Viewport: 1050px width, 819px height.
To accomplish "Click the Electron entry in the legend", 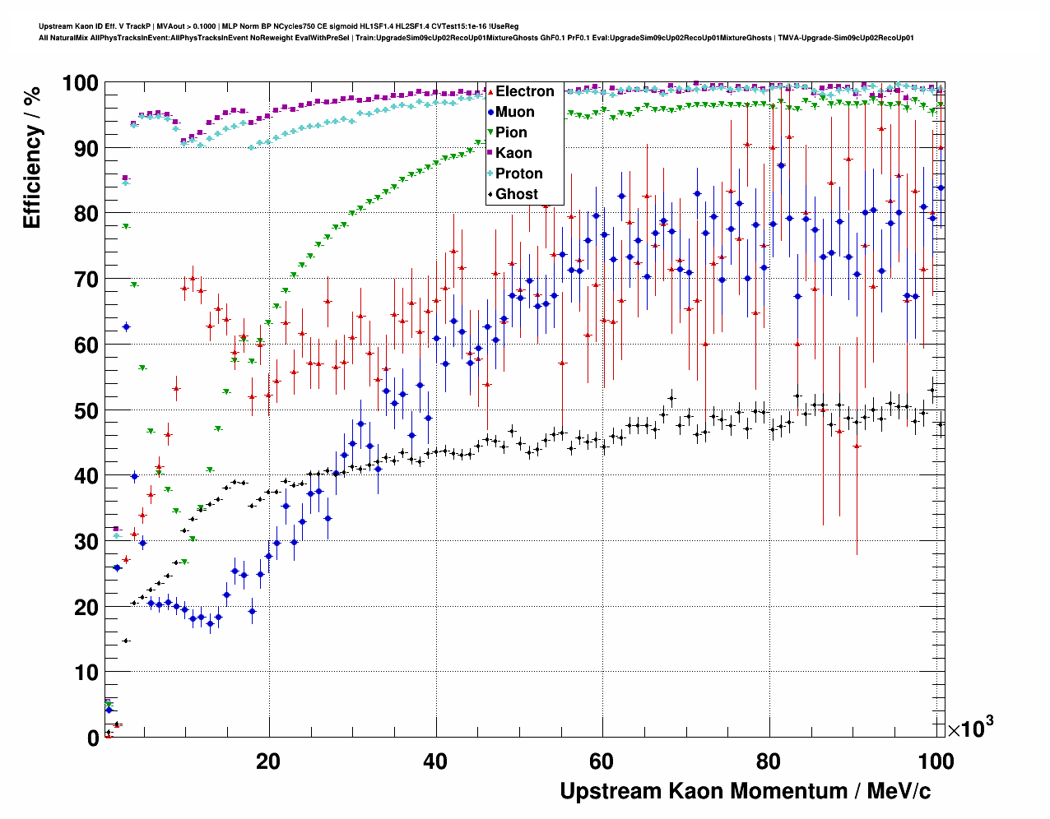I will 524,91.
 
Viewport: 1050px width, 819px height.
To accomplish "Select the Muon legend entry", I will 514,112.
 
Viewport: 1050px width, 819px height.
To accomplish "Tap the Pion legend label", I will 511,132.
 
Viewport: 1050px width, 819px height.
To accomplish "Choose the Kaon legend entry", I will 513,153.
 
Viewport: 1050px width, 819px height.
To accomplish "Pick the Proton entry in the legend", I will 518,174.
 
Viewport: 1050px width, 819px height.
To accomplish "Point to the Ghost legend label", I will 516,194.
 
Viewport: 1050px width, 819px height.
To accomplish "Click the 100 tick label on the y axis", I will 80,83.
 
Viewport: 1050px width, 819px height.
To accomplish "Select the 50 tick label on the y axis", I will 86,410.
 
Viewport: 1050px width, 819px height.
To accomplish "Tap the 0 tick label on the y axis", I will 93,738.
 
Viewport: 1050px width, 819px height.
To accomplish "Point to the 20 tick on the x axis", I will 268,761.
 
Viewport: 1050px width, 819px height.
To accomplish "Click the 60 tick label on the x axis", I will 602,761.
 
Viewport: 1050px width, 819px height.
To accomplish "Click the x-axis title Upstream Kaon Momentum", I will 745,791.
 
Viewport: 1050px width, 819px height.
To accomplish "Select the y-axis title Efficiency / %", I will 31,156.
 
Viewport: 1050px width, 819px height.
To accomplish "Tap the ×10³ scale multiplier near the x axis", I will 971,728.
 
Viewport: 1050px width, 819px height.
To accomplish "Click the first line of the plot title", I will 278,26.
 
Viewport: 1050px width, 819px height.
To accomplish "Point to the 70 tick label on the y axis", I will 86,280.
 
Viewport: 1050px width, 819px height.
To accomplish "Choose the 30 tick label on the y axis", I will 86,541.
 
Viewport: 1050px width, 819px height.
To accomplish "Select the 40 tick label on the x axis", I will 435,761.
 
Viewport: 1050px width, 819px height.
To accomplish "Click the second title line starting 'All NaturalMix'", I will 476,38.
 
